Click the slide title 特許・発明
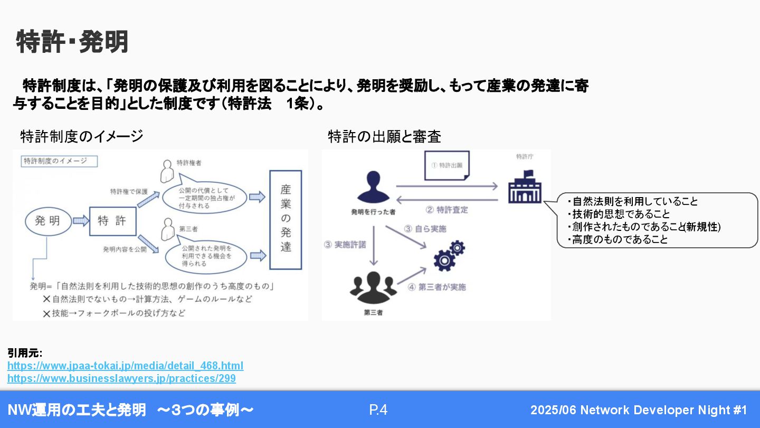[72, 42]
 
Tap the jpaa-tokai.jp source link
[125, 366]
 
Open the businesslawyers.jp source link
[121, 379]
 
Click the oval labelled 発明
[47, 221]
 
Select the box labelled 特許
[112, 221]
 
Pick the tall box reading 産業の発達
[286, 219]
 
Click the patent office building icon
[525, 187]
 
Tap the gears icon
[449, 255]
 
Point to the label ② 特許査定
[446, 210]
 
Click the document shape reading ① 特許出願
[446, 165]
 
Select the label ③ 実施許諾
[345, 245]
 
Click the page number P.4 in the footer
[378, 410]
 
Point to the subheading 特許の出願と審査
[384, 137]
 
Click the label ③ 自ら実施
[425, 229]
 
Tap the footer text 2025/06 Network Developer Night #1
[639, 410]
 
